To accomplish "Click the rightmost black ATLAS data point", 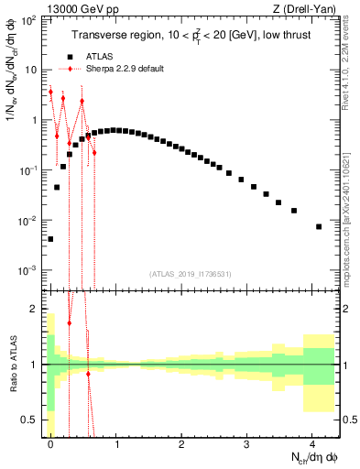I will pos(319,226).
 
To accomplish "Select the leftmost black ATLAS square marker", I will pos(50,239).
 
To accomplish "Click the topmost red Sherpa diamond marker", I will pos(50,93).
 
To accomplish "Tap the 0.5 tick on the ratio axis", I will pos(34,420).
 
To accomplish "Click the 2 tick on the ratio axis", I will pos(38,309).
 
